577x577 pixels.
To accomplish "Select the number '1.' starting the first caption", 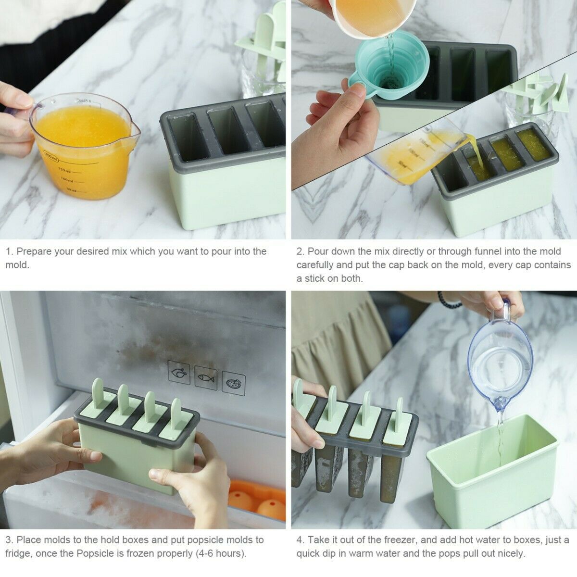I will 9,251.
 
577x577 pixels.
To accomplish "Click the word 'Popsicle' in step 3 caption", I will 94,553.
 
